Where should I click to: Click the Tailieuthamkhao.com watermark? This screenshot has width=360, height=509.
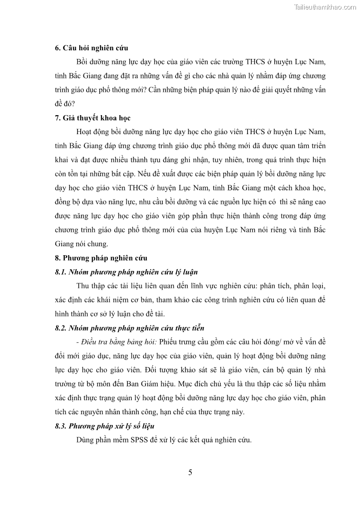point(325,7)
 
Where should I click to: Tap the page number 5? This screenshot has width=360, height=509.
point(190,473)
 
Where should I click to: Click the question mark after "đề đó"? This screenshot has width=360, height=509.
point(74,104)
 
